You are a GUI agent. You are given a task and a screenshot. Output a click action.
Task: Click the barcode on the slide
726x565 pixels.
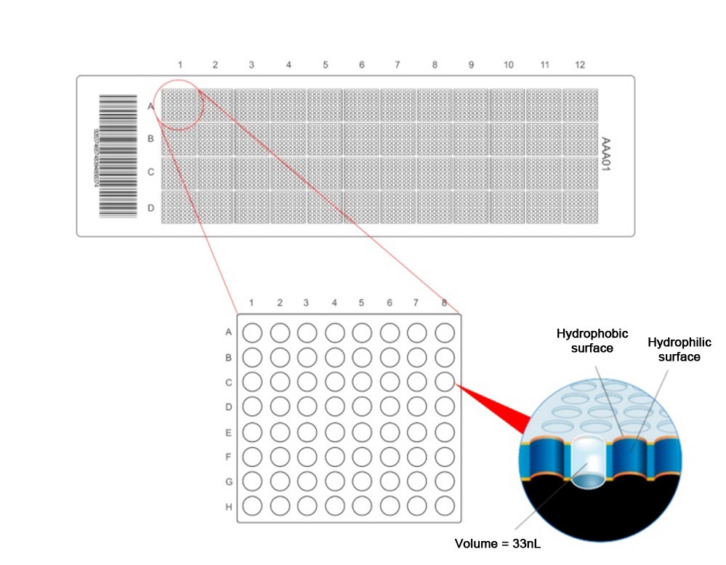[118, 156]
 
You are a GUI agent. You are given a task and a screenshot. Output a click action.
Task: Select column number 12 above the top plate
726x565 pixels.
[579, 65]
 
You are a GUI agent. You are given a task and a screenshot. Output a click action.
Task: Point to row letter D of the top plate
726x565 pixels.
[151, 209]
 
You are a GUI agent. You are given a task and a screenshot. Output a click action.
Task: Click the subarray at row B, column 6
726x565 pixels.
[361, 140]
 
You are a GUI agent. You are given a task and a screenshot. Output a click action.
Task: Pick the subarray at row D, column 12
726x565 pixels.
[580, 208]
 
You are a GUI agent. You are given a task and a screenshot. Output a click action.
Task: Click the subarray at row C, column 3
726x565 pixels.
[252, 174]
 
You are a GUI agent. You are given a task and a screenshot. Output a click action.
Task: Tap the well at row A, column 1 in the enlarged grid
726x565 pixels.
[251, 332]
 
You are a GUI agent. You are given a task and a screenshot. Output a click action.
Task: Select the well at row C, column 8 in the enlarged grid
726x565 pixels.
[444, 381]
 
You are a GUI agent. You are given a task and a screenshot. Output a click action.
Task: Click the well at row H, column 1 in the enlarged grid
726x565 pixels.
[251, 505]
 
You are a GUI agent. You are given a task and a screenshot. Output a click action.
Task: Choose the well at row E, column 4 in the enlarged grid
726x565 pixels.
[334, 431]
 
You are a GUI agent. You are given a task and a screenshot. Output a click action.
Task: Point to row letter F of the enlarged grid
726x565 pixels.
[229, 457]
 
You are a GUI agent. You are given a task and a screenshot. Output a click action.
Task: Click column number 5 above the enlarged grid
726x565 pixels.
[361, 302]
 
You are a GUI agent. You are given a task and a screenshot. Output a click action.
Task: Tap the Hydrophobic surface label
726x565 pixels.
[586, 340]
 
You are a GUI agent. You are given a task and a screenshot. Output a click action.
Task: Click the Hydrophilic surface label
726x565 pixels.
[673, 349]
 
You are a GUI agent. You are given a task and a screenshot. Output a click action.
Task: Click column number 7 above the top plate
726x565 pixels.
[398, 65]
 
